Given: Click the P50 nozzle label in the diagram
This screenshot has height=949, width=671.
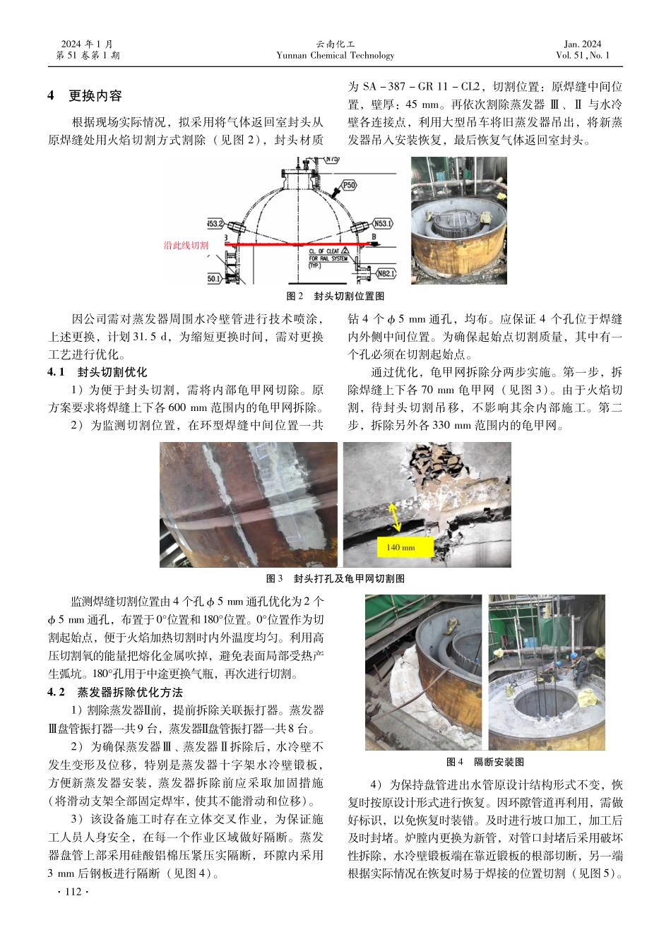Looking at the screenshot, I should pos(349,185).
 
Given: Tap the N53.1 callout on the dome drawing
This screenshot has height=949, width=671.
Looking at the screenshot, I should pos(382,223).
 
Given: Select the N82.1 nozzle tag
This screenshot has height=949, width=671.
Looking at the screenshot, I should pos(386,273).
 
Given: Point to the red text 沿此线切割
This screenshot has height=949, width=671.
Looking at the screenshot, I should pos(186,246).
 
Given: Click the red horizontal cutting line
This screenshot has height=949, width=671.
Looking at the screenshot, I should pos(297,244).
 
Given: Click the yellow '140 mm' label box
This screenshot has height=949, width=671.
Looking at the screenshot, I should pos(400,547).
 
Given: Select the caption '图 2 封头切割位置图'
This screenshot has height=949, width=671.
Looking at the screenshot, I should pos(335,296).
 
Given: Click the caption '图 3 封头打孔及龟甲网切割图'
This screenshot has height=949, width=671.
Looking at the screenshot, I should pos(335,578).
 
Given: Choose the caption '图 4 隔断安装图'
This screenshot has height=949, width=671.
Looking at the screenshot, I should pos(485,762).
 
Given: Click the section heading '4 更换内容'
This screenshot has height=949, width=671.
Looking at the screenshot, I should pos(85,95).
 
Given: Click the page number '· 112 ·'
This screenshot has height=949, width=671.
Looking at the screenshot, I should pos(73,892).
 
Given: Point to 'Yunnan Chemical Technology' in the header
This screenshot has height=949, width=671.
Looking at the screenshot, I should pos(335,55).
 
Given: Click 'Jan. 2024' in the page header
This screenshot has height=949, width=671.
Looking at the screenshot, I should pos(583,44).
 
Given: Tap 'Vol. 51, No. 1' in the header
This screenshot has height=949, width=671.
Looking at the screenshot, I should pos(583,55).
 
